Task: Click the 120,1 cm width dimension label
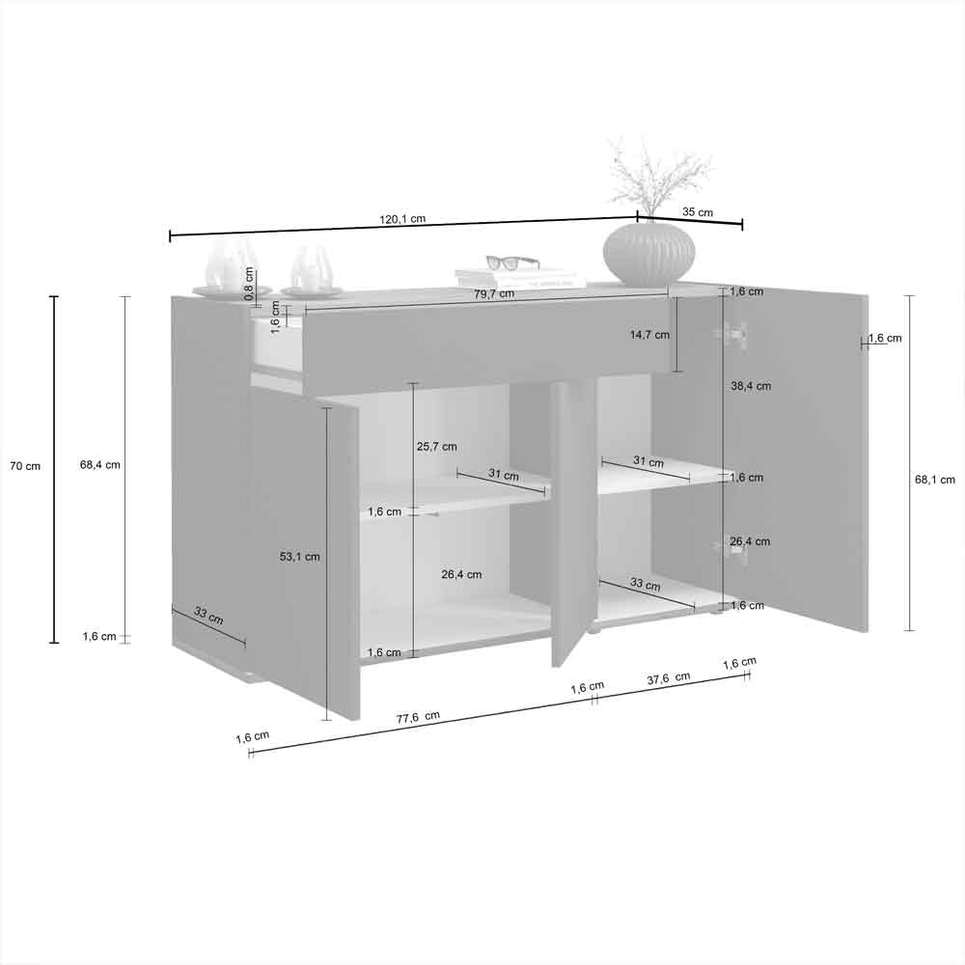click(401, 218)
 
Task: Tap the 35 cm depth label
click(698, 211)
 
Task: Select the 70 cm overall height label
click(25, 466)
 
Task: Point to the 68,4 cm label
click(99, 465)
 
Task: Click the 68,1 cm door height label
click(934, 480)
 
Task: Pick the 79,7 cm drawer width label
click(494, 293)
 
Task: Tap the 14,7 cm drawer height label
click(649, 335)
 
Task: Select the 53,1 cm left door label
click(300, 557)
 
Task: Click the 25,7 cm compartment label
click(436, 446)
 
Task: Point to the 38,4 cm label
click(750, 386)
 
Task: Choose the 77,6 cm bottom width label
click(418, 718)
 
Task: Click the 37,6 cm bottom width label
click(669, 678)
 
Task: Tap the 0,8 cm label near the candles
click(249, 284)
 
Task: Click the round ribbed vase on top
click(648, 252)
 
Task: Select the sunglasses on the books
click(512, 262)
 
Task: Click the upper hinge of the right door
click(731, 333)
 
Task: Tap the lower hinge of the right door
click(731, 550)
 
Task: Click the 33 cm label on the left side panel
click(208, 616)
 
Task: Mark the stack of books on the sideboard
click(521, 278)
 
